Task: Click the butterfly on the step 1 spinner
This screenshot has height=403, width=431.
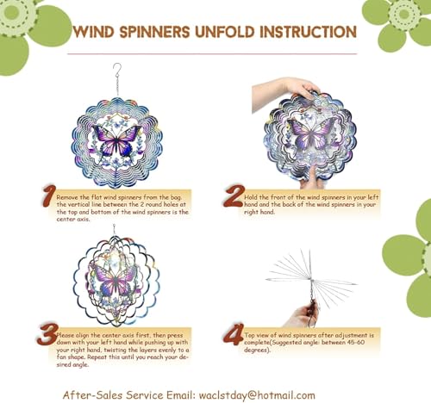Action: click(116, 140)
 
